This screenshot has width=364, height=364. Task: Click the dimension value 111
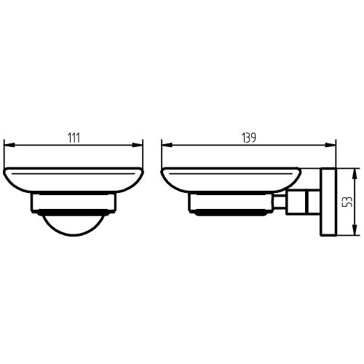click(74, 138)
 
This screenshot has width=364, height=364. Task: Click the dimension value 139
click(249, 138)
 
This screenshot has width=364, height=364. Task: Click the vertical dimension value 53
click(349, 202)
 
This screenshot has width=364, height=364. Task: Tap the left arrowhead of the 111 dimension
click(9, 145)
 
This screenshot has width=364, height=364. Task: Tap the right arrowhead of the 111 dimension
click(138, 145)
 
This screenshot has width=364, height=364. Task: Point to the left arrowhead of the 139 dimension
click(167, 145)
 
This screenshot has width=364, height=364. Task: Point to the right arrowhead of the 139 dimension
click(331, 145)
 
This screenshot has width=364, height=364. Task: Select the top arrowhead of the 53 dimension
click(355, 173)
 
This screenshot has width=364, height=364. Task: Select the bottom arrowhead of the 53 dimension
click(355, 230)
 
